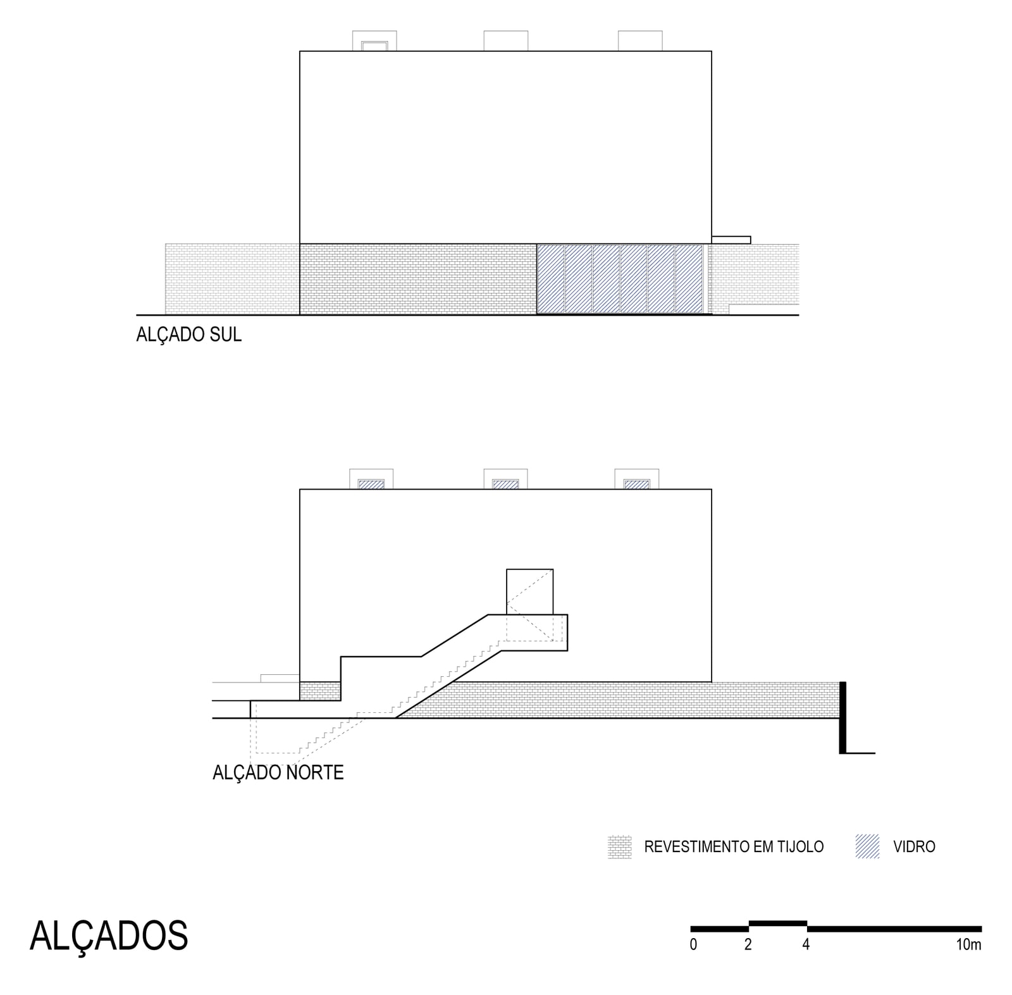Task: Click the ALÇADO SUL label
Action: click(188, 335)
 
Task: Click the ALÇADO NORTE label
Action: click(278, 772)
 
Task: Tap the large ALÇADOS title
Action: click(109, 936)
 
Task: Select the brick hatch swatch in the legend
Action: click(619, 847)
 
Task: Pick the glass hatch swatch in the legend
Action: click(867, 846)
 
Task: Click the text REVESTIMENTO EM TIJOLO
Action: click(734, 847)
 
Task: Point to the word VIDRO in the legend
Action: click(914, 847)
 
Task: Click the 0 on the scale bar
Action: click(694, 945)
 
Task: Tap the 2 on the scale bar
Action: click(748, 945)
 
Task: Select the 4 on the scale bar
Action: click(806, 945)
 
